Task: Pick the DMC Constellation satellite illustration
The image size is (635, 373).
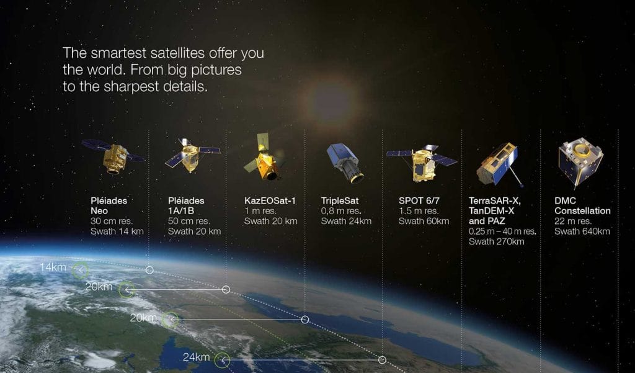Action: pos(580,162)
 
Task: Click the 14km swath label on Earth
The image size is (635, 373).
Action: pos(53,267)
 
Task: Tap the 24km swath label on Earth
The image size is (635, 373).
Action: pos(196,357)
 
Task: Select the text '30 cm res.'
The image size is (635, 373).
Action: pos(112,222)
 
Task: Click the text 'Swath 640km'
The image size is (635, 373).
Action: pos(582,231)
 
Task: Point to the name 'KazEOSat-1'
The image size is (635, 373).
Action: pos(270,200)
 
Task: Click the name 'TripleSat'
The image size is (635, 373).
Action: pos(340,200)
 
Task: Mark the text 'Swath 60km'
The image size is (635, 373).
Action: pos(424,222)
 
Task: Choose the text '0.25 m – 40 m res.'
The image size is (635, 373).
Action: pos(502,231)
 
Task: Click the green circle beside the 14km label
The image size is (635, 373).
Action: pos(81,270)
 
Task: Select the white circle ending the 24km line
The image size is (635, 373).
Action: pos(382,359)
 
